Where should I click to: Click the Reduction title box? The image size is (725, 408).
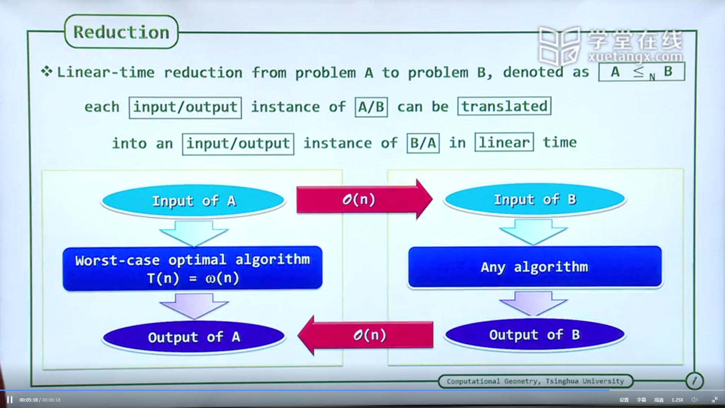pos(121,32)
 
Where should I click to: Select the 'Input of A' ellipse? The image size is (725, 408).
pos(193,201)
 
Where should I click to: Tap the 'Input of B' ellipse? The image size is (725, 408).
pos(535,199)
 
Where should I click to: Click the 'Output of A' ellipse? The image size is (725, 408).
pos(194,337)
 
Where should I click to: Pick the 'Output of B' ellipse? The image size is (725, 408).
pos(535,335)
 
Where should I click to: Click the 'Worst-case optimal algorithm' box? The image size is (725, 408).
pos(193,268)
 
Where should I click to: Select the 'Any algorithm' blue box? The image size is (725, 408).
pos(535,267)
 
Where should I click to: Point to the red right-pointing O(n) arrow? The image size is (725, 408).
pos(364,199)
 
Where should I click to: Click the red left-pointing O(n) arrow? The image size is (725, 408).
pos(366,335)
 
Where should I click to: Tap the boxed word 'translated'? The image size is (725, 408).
pos(504,106)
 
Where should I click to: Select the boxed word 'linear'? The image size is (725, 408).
pos(504,142)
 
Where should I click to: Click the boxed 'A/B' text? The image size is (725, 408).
pos(371,107)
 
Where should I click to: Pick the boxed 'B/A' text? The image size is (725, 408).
pos(423,143)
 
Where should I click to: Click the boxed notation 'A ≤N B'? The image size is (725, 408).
pos(642,72)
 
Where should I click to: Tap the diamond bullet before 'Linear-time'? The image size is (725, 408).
pos(47,71)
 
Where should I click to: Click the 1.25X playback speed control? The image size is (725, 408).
pos(677,400)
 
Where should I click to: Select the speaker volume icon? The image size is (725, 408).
pos(695,400)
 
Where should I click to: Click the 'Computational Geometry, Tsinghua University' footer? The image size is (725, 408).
pos(535,381)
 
